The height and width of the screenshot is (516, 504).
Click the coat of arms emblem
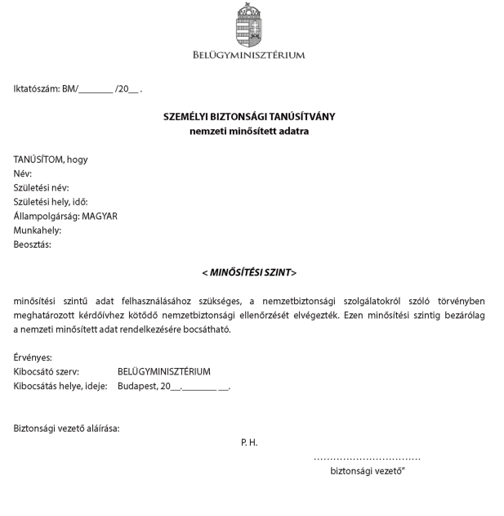coord(249,25)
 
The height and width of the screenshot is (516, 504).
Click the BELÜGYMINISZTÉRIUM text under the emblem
coord(249,56)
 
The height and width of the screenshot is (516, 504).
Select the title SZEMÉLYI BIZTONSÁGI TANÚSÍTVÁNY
coord(249,116)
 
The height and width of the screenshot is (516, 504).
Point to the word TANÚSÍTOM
coord(38,159)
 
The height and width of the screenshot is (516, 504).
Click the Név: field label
coord(22,173)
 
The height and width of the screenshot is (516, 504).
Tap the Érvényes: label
coord(33,357)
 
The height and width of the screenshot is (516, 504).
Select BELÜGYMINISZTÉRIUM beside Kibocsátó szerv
coord(163,371)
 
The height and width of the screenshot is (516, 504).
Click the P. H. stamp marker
coord(249,442)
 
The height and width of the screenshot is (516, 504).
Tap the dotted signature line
coord(367,460)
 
